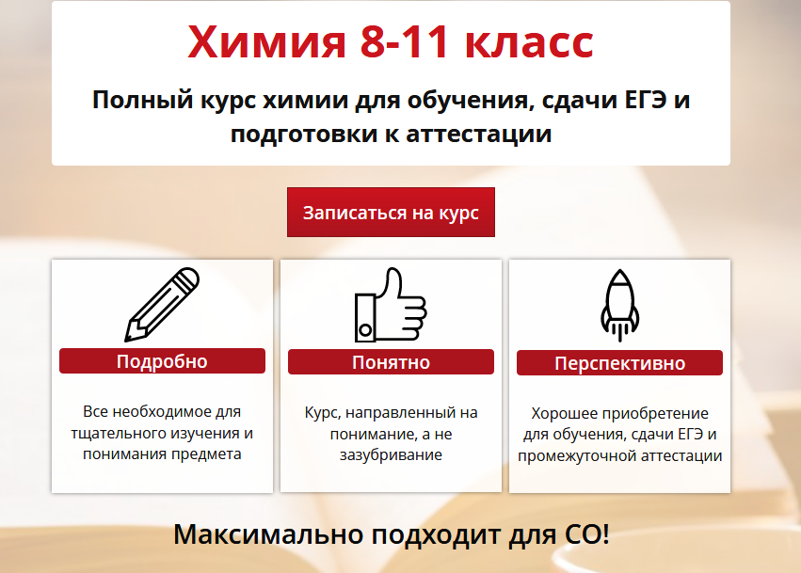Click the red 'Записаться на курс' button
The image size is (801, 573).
(x=391, y=213)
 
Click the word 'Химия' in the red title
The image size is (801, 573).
(x=256, y=42)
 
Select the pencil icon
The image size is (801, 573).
(x=162, y=304)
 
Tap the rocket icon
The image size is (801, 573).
(x=618, y=304)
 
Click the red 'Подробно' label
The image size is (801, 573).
(x=162, y=361)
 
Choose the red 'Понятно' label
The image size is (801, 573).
(x=391, y=362)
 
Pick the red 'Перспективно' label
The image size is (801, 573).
(x=619, y=363)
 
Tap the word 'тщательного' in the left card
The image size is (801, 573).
(x=111, y=434)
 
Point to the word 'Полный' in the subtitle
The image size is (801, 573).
(x=137, y=99)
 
